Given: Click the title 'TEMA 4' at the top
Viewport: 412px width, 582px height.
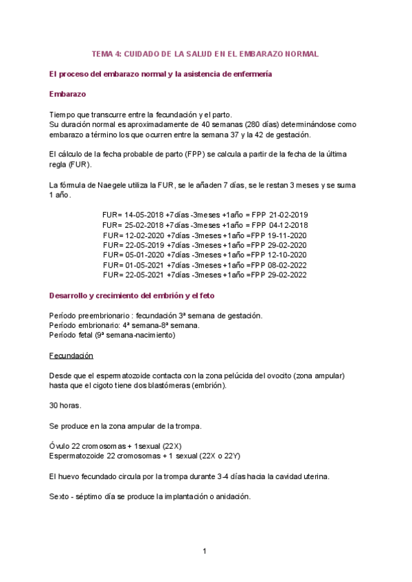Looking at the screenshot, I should (108, 54).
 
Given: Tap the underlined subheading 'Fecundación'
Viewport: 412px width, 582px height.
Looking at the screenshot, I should (71, 356).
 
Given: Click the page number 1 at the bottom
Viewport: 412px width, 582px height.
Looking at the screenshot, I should (205, 551).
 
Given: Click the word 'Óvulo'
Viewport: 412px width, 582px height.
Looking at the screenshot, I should (60, 446).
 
